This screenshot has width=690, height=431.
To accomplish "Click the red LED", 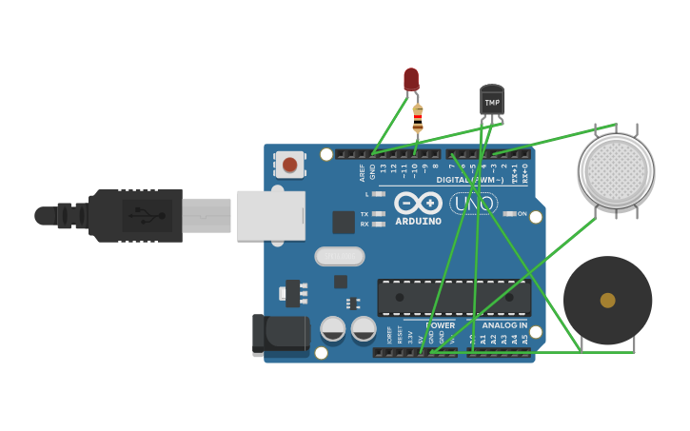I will [411, 79].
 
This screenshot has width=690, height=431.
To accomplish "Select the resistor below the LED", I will [418, 119].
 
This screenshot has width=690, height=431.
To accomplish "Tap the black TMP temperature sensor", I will [492, 100].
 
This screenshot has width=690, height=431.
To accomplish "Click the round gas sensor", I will [616, 171].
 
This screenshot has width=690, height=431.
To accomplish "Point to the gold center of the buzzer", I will [607, 301].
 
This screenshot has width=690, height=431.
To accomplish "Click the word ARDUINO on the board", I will [418, 221].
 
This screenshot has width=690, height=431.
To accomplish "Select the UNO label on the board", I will [473, 204].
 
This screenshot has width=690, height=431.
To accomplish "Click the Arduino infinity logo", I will [418, 202].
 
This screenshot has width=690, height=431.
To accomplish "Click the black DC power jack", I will [281, 334].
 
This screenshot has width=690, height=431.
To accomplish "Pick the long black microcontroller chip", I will [454, 298].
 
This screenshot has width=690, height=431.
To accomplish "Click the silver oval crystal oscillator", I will [340, 256].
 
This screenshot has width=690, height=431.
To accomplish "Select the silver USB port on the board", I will [270, 215].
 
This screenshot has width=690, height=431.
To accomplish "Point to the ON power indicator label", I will [522, 214].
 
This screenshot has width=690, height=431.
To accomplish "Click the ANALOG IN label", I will [503, 325].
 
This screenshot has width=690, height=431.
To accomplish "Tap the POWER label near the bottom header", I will [440, 325].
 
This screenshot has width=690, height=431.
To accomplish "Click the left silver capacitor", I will [333, 329].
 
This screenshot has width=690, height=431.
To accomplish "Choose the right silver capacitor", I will [364, 329].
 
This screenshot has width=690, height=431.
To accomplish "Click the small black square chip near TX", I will [344, 223].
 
